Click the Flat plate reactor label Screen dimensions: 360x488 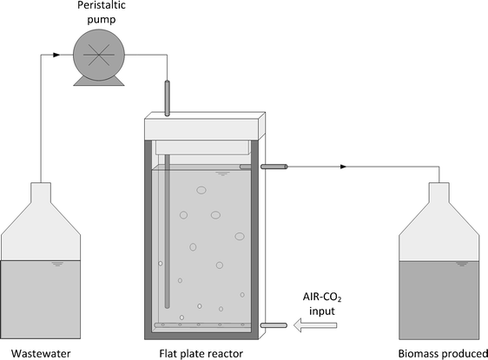[x=201, y=352]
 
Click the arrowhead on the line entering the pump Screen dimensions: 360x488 [x=57, y=55]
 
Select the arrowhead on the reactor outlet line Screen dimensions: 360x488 [x=344, y=167]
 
